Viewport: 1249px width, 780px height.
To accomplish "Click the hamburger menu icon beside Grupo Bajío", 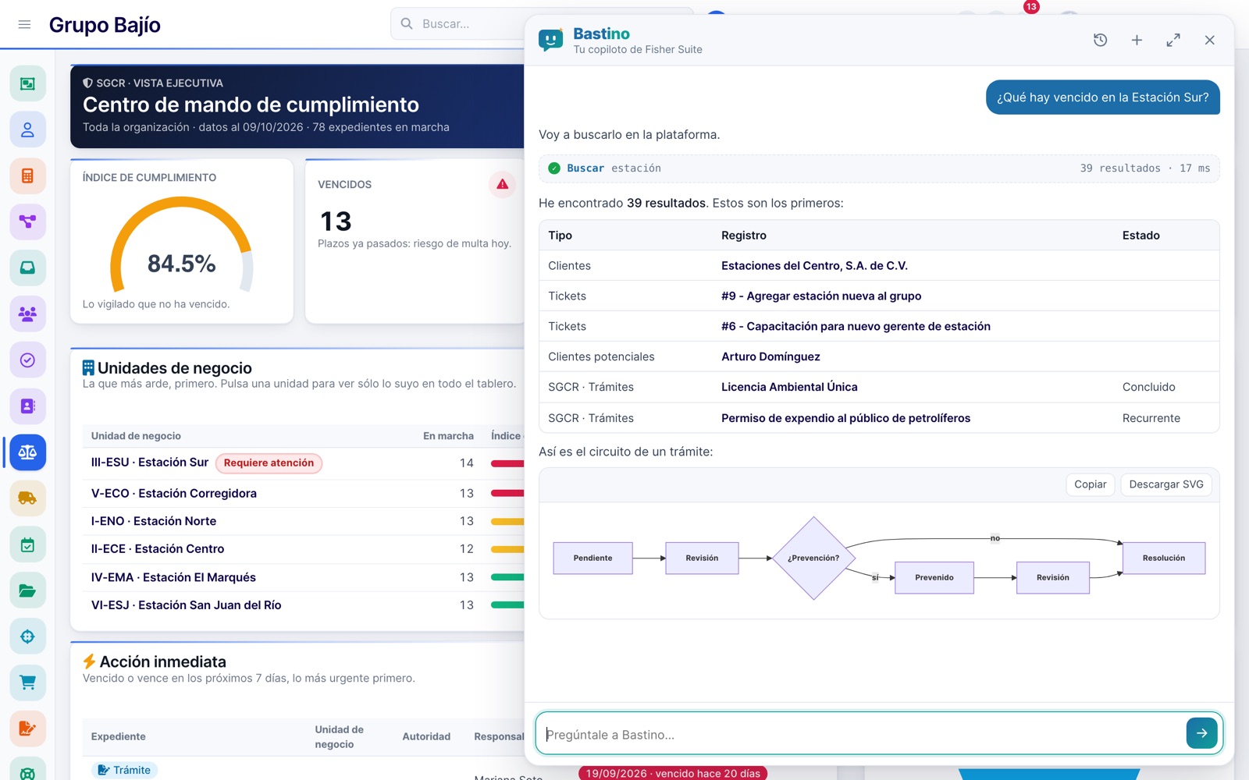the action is [24, 24].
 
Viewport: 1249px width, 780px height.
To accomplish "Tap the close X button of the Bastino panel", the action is [1209, 40].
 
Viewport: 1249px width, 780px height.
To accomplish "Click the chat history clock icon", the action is [1100, 40].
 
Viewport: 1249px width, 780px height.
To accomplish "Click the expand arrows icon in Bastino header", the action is [1173, 40].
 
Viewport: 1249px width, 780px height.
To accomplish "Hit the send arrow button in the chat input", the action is [1201, 733].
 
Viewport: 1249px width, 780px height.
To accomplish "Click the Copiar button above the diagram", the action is [1090, 484].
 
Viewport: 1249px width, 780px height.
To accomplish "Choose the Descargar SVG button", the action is [1166, 484].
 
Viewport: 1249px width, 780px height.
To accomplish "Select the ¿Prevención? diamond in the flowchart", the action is [813, 558].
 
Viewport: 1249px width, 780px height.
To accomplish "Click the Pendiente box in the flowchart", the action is [592, 558].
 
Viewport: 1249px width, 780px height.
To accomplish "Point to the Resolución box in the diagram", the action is [1164, 558].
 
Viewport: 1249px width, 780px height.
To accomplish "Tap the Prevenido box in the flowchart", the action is [934, 577].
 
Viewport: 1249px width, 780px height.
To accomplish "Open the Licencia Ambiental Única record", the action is [789, 387].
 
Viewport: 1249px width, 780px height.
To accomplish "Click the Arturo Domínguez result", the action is [770, 356].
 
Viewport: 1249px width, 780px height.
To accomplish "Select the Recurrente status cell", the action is [1151, 418].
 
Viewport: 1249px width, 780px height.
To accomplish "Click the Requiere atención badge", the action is [269, 463].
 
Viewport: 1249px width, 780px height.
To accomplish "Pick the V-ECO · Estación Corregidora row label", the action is [174, 493].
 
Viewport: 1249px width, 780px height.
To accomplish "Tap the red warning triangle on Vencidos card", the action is [503, 184].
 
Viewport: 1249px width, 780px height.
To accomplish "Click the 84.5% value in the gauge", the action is [181, 264].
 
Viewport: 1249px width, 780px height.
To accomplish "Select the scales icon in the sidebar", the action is [27, 452].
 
